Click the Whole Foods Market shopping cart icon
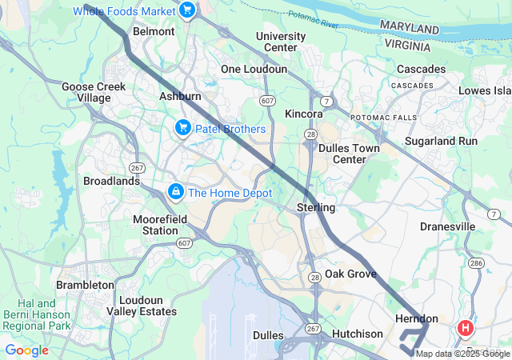(187, 10)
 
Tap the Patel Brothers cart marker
(182, 128)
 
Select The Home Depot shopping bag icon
(175, 192)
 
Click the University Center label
(280, 42)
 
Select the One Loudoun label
(254, 70)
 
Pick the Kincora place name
(304, 114)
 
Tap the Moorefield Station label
(155, 225)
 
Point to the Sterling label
(317, 208)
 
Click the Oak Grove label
(350, 274)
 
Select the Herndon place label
(417, 318)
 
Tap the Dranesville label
(447, 226)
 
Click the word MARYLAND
(410, 29)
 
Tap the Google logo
(27, 350)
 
